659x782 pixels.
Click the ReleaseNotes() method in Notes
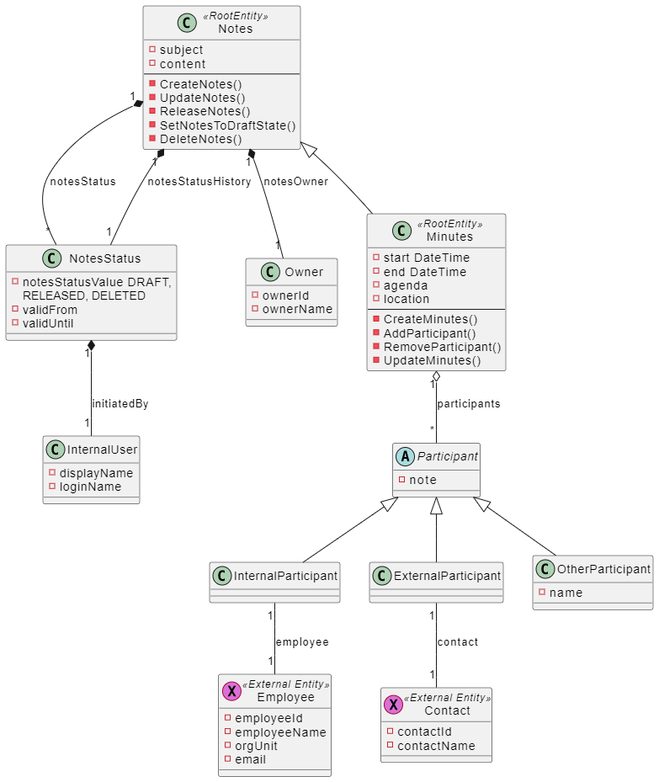pyautogui.click(x=205, y=111)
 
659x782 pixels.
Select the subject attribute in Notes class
pyautogui.click(x=181, y=50)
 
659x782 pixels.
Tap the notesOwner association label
pyautogui.click(x=295, y=181)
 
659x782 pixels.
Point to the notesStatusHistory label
pyautogui.click(x=199, y=181)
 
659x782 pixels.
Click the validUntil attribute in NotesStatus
pyautogui.click(x=49, y=322)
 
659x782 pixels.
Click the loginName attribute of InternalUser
pyautogui.click(x=90, y=487)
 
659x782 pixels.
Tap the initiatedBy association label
pyautogui.click(x=120, y=403)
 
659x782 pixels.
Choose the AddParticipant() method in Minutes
pyautogui.click(x=429, y=333)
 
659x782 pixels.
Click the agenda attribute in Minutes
pyautogui.click(x=406, y=285)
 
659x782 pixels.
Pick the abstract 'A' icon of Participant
pyautogui.click(x=405, y=456)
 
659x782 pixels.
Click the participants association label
pyautogui.click(x=468, y=403)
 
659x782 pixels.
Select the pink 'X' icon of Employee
pyautogui.click(x=231, y=691)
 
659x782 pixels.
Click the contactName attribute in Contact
pyautogui.click(x=436, y=746)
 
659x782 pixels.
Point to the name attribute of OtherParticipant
pyautogui.click(x=566, y=593)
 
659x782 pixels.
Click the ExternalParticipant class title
pyautogui.click(x=447, y=576)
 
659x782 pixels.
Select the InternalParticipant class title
pyautogui.click(x=285, y=576)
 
